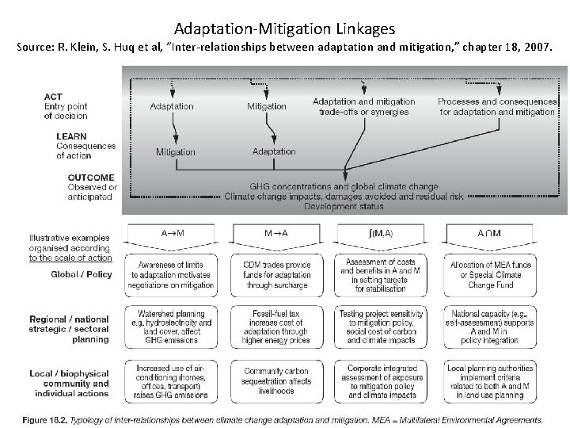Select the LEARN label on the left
click(x=72, y=136)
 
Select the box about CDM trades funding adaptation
click(x=275, y=273)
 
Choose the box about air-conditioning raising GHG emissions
click(x=174, y=379)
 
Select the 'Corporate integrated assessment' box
click(x=377, y=379)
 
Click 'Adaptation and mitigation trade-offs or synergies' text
click(x=363, y=106)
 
